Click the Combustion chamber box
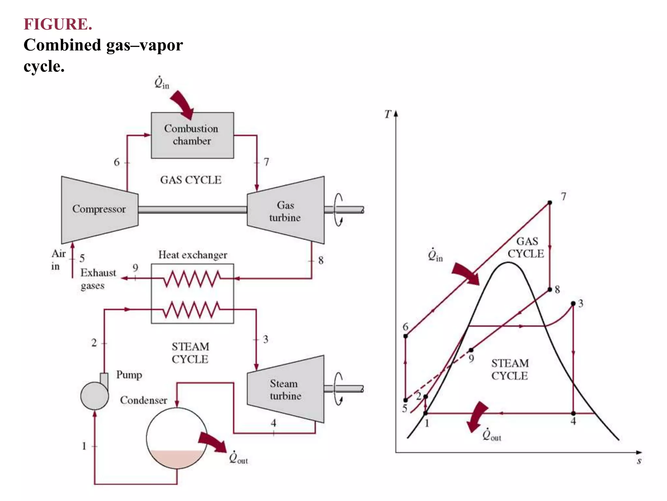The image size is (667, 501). click(x=192, y=135)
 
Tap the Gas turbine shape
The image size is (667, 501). click(x=286, y=210)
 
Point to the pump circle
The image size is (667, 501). click(x=94, y=396)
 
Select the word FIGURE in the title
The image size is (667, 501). click(x=58, y=24)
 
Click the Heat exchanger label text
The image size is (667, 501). click(x=192, y=255)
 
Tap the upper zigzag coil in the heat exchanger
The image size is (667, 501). click(x=192, y=279)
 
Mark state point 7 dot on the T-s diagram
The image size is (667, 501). click(x=550, y=203)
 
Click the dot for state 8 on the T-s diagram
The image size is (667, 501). click(x=550, y=289)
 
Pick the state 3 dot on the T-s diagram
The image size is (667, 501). click(x=573, y=304)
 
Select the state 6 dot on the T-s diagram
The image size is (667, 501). click(x=405, y=336)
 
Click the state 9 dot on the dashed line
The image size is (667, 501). click(x=471, y=350)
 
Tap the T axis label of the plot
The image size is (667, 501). click(x=388, y=114)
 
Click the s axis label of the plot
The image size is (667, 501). click(x=639, y=461)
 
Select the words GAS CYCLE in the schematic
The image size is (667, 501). click(x=191, y=180)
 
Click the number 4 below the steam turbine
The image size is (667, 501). click(x=273, y=423)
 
